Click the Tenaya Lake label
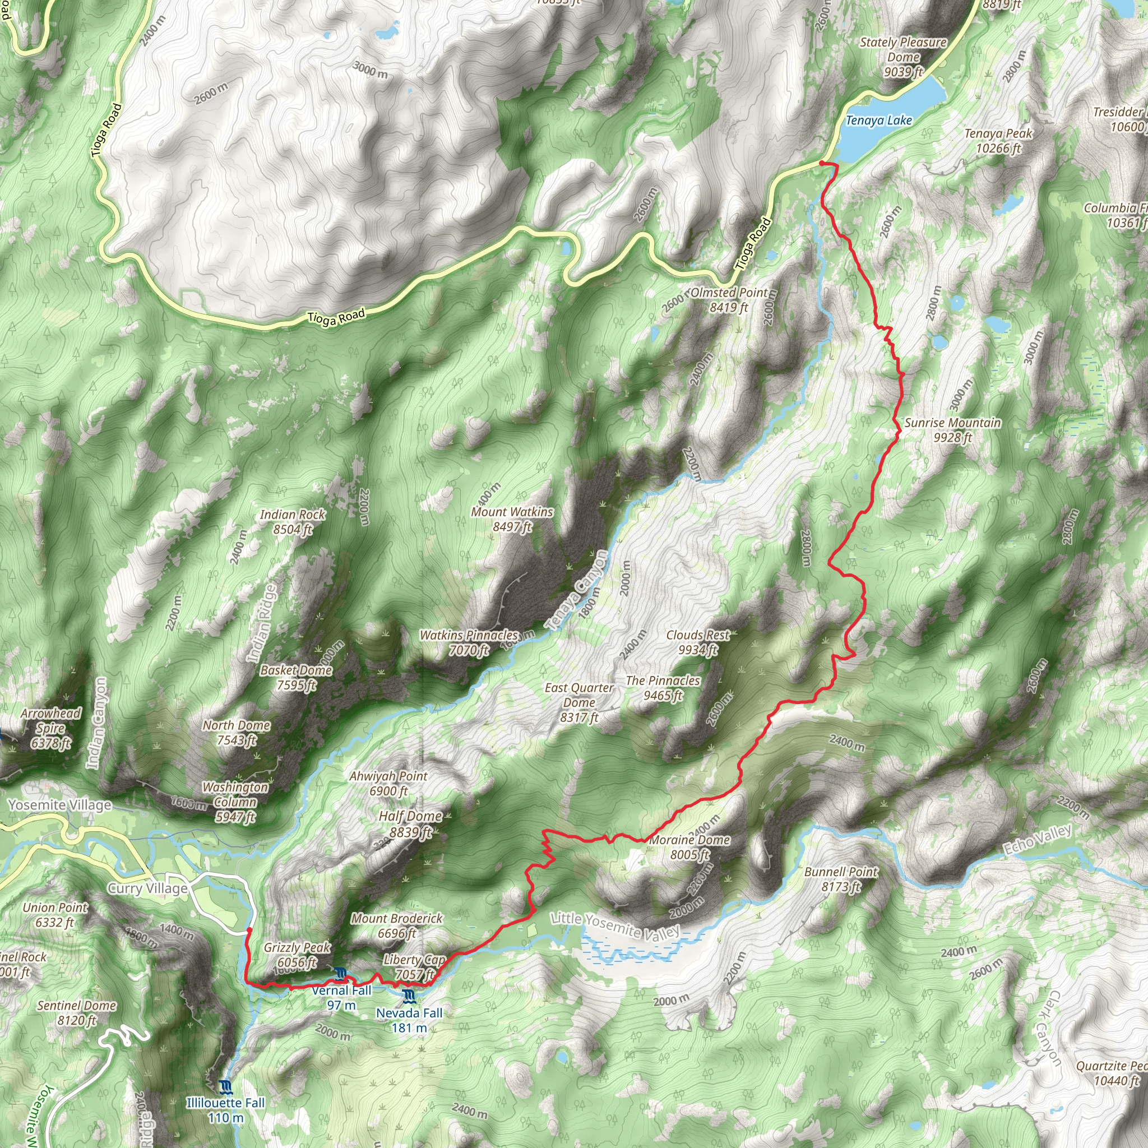878,121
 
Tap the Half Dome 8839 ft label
410,823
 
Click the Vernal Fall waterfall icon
340,973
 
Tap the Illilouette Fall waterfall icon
225,1087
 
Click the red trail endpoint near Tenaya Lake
821,163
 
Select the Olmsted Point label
729,299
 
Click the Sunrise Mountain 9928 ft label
952,430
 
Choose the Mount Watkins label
512,519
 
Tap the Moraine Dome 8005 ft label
689,848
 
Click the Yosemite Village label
59,805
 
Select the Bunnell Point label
841,879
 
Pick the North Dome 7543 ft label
237,733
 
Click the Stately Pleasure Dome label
903,57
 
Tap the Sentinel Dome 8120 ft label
77,1013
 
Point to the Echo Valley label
1038,840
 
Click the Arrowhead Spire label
51,728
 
